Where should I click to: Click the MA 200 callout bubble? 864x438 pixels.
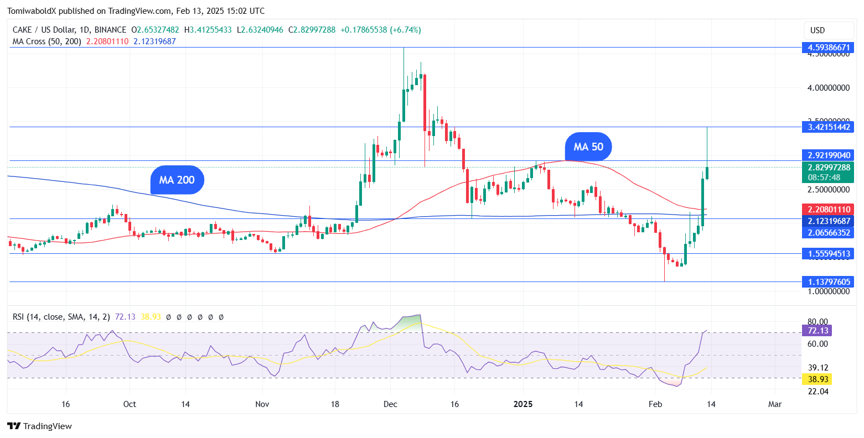[x=177, y=180]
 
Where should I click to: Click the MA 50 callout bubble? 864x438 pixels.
[x=588, y=147]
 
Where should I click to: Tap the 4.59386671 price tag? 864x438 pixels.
[x=827, y=48]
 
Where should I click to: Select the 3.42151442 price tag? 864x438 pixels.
[x=827, y=127]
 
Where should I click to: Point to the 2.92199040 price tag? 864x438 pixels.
[x=827, y=155]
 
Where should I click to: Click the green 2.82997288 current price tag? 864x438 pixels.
[x=827, y=168]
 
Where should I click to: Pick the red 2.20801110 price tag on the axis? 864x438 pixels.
[x=827, y=210]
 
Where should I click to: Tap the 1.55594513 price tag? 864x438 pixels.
[x=827, y=254]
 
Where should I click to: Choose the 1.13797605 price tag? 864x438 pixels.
[x=827, y=282]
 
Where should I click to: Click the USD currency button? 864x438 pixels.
[x=817, y=30]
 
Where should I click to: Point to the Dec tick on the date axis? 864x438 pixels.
[x=390, y=404]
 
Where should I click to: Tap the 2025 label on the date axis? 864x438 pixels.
[x=523, y=404]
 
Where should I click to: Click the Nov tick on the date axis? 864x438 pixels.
[x=262, y=404]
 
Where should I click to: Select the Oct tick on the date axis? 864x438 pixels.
[x=130, y=404]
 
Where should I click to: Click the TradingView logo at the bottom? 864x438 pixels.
[x=40, y=426]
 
